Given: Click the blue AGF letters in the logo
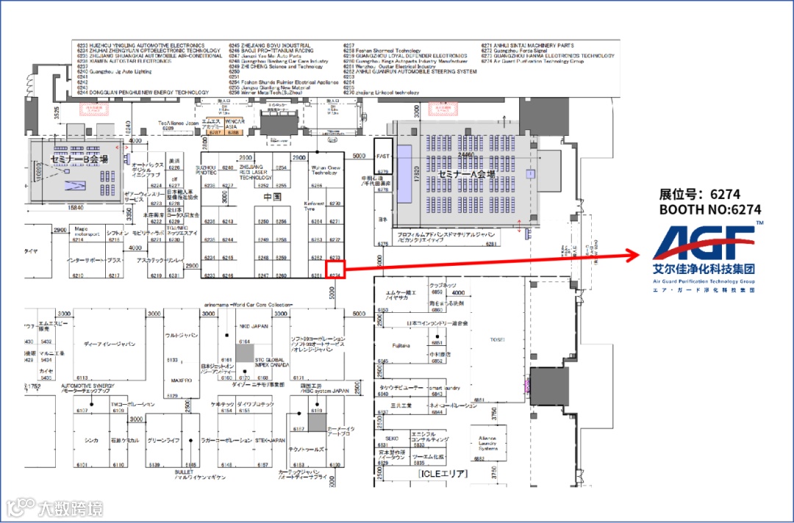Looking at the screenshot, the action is [702, 243].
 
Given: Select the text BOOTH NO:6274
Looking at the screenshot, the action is [709, 209].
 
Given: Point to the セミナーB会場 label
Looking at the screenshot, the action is [79, 159].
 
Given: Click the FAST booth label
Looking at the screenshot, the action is [382, 156].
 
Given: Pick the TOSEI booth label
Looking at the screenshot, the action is [498, 339].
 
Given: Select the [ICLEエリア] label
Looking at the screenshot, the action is [443, 474].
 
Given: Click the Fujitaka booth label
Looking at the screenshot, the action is [401, 345].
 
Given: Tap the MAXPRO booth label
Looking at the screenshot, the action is [181, 380].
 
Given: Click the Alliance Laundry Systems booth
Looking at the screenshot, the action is [487, 443].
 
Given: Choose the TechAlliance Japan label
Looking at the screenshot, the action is [179, 123].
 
